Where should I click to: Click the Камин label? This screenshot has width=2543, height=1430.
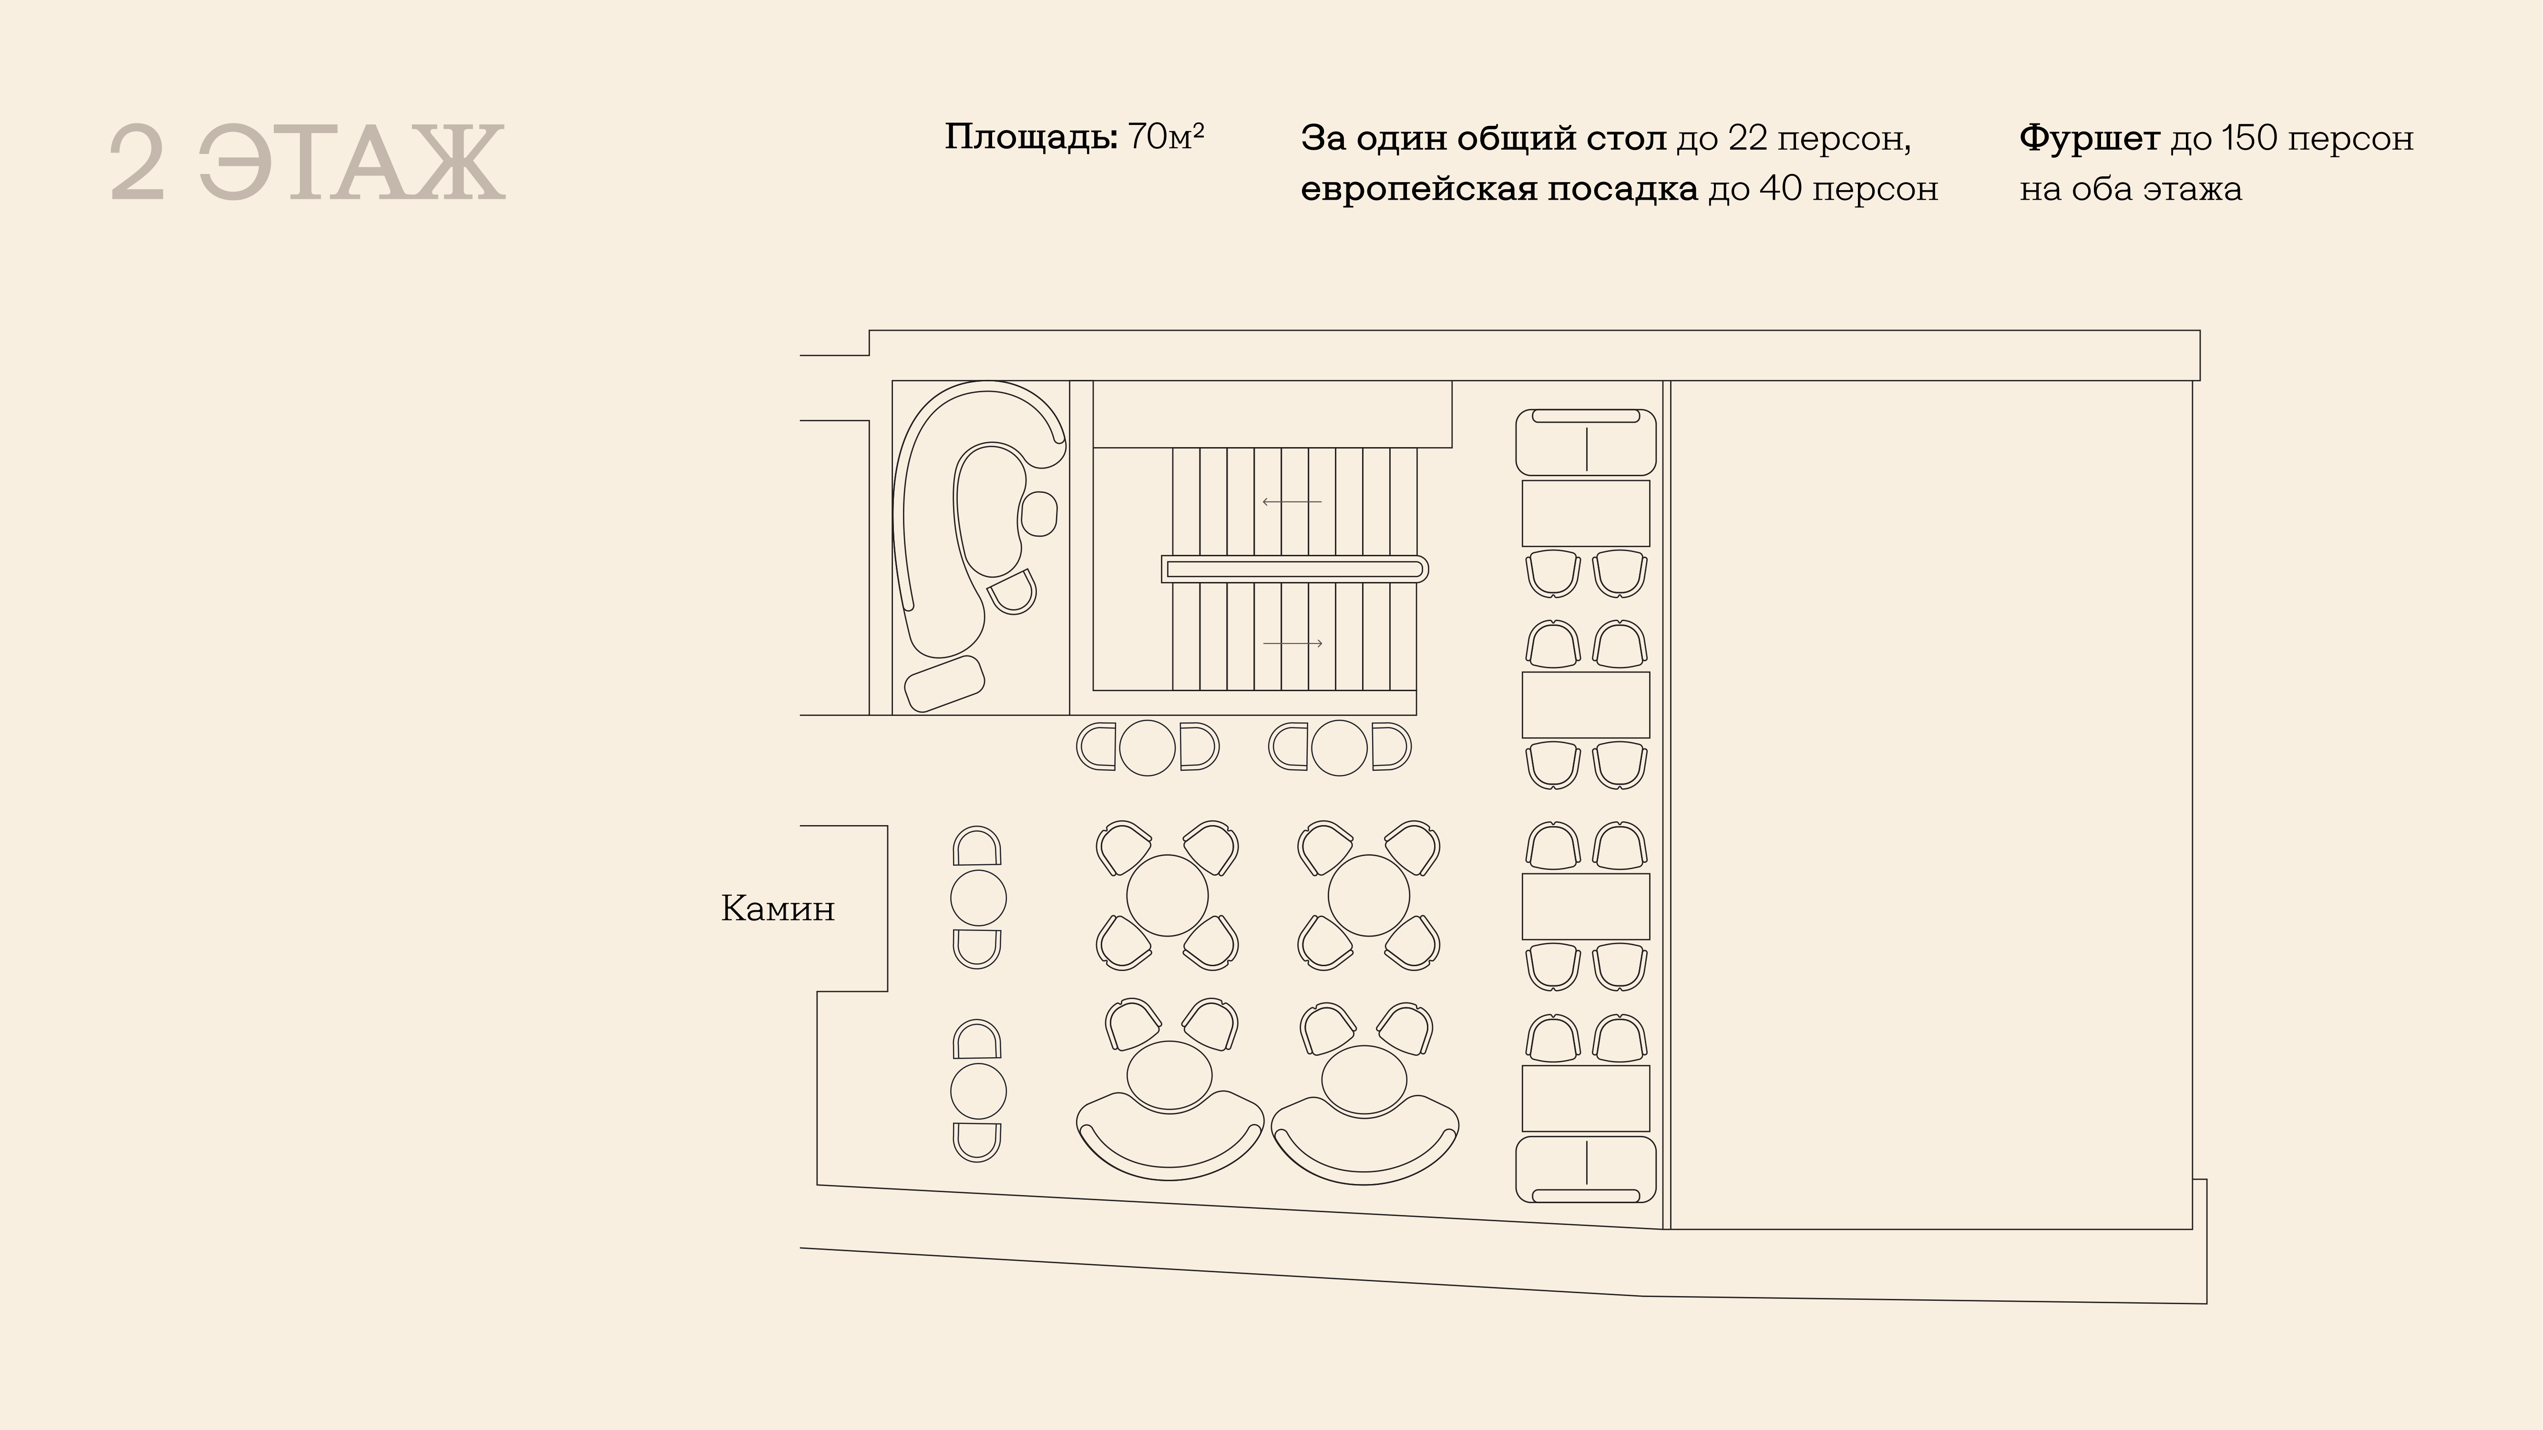(x=778, y=908)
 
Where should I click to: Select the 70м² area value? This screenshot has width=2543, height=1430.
(x=1166, y=137)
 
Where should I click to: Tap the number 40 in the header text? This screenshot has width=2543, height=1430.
(x=1781, y=188)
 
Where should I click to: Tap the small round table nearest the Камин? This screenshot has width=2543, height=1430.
(x=978, y=898)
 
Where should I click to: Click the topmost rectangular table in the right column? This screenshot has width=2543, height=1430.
(x=1585, y=513)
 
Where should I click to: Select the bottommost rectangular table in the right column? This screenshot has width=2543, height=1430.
(x=1585, y=1097)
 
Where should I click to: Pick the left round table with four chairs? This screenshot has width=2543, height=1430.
(x=1167, y=895)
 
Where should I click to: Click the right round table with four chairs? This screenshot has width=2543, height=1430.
(x=1368, y=895)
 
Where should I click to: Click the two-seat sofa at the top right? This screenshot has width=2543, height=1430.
(x=1585, y=442)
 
